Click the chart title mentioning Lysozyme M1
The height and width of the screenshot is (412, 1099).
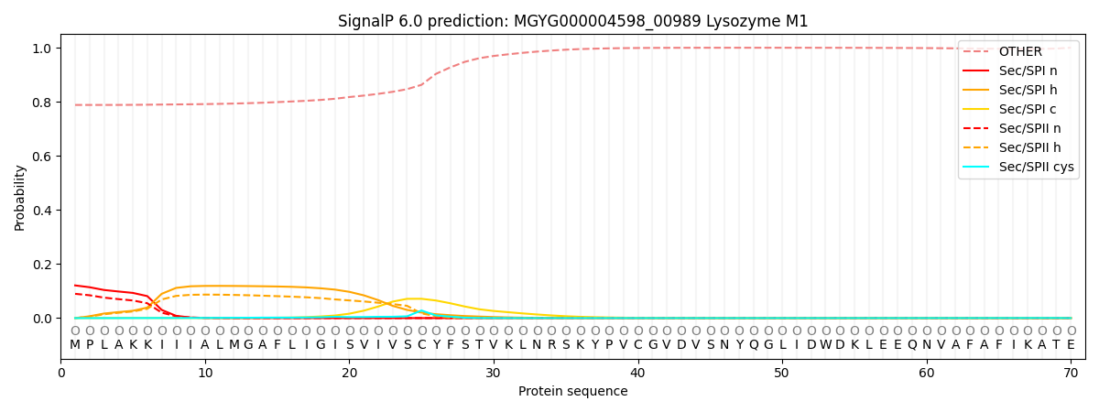(x=572, y=21)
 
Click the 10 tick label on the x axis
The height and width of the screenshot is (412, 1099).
(x=205, y=373)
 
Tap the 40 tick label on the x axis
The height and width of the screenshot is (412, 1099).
(x=637, y=373)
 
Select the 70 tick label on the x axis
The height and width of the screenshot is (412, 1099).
(x=1071, y=373)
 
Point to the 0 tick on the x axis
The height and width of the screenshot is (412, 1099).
(x=61, y=373)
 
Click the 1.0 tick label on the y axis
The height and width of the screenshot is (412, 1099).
(x=42, y=48)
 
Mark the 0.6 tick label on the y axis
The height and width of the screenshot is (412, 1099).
(x=42, y=156)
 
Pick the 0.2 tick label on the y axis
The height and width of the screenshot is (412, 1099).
(x=42, y=265)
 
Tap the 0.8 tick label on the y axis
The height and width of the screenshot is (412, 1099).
(x=42, y=102)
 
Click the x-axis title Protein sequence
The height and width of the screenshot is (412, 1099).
(x=572, y=392)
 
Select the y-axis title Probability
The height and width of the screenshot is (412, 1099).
(x=20, y=197)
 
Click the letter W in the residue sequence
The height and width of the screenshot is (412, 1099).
(x=826, y=345)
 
